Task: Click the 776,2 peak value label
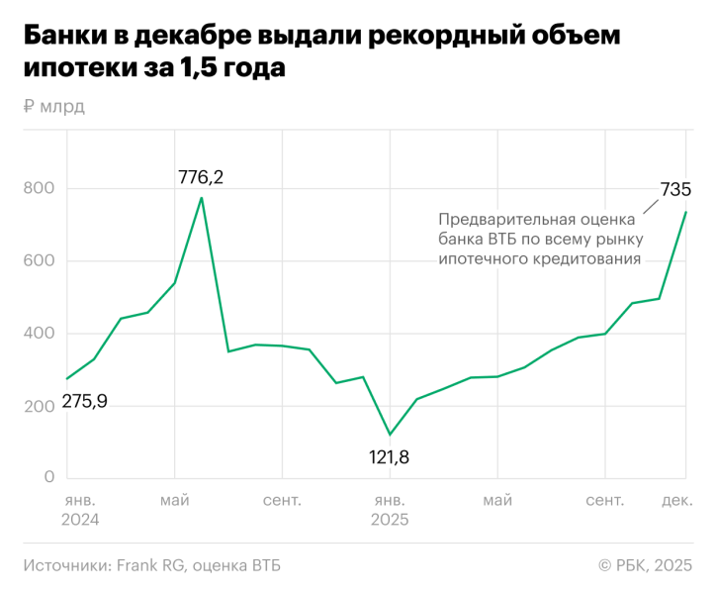point(201,177)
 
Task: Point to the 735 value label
point(675,189)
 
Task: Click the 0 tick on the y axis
point(47,478)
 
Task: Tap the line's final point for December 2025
point(686,212)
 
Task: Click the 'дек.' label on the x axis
point(676,501)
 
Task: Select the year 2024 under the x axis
point(81,520)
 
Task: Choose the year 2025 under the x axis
point(390,520)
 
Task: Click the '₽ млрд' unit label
point(53,107)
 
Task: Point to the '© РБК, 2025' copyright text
point(645,565)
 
